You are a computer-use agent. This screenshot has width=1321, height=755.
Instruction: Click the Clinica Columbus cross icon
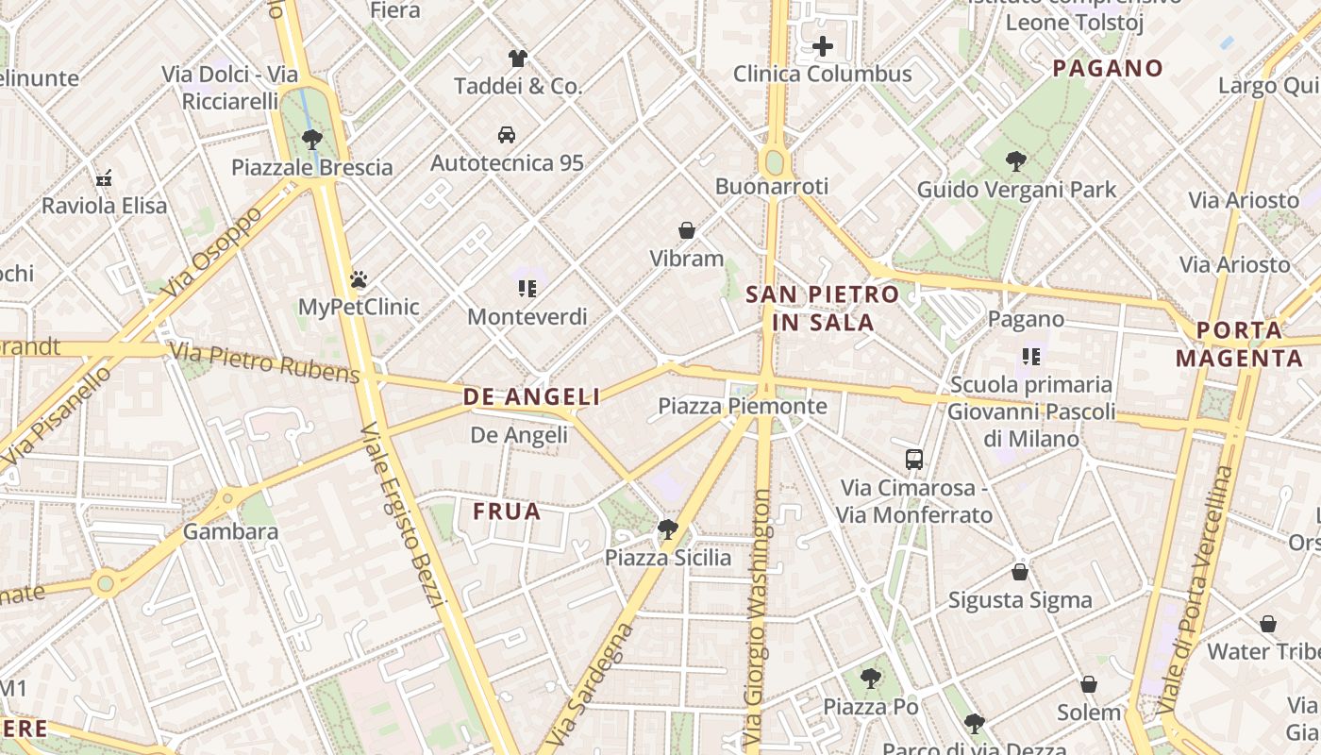pyautogui.click(x=823, y=46)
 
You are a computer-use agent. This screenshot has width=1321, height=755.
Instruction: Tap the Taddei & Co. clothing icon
pyautogui.click(x=517, y=59)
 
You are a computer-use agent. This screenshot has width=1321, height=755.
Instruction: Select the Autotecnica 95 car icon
pyautogui.click(x=507, y=135)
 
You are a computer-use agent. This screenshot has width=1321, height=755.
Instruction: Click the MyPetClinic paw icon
pyautogui.click(x=359, y=279)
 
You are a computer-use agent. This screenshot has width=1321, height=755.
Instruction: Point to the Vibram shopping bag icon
pyautogui.click(x=687, y=230)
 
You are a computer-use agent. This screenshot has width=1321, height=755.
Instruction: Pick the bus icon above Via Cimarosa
pyautogui.click(x=913, y=460)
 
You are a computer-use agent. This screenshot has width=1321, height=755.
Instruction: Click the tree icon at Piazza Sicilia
pyautogui.click(x=668, y=529)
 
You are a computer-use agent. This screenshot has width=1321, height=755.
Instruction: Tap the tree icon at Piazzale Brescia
pyautogui.click(x=312, y=140)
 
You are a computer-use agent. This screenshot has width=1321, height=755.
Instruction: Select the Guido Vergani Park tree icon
pyautogui.click(x=1016, y=161)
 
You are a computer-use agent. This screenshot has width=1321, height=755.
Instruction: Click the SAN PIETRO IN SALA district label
pyautogui.click(x=811, y=308)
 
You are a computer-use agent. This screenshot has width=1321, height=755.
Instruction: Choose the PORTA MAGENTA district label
pyautogui.click(x=1240, y=344)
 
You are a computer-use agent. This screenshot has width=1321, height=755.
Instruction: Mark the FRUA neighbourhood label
pyautogui.click(x=507, y=512)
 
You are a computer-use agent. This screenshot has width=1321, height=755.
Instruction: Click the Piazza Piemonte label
pyautogui.click(x=742, y=407)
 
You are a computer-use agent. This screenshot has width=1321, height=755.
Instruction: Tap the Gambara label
pyautogui.click(x=230, y=531)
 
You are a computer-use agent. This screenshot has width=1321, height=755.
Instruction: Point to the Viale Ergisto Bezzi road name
pyautogui.click(x=403, y=514)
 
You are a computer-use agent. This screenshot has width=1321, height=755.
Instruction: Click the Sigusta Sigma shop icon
pyautogui.click(x=1019, y=572)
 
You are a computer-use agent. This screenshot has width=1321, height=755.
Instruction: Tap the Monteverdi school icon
pyautogui.click(x=527, y=289)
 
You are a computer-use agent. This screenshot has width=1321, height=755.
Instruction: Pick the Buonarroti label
pyautogui.click(x=771, y=186)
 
